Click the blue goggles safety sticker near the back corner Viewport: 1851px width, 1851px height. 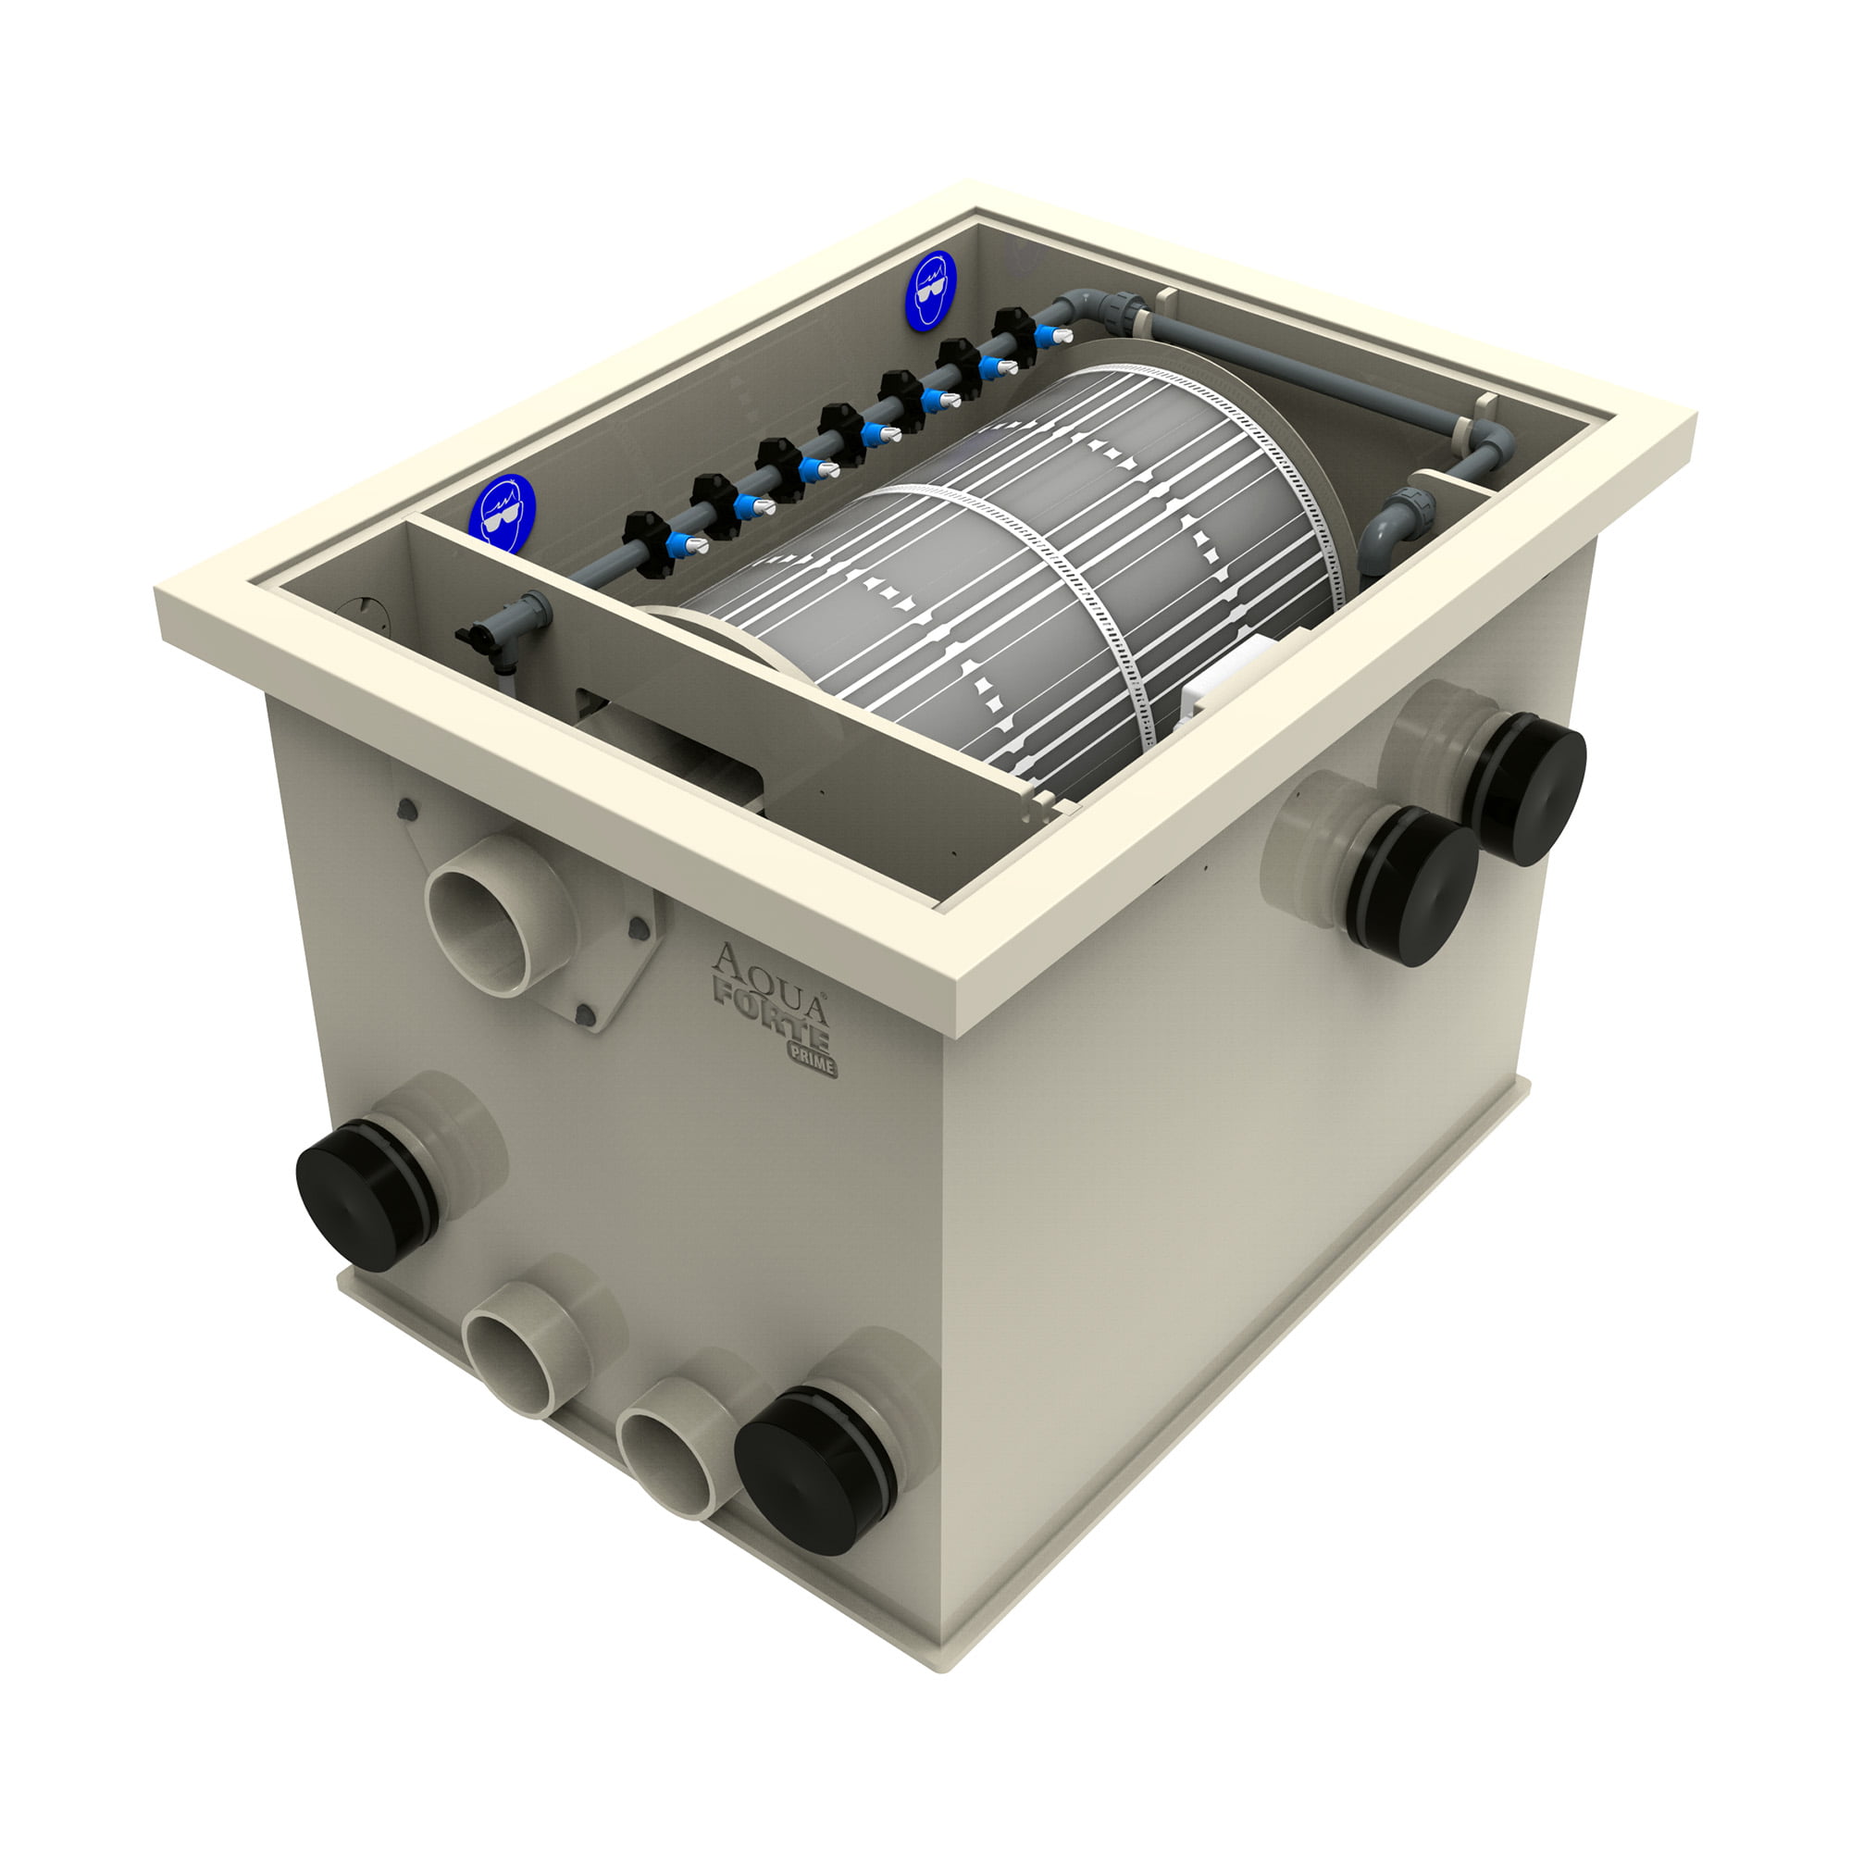pos(930,292)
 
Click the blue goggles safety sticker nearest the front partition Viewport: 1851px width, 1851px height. pos(502,513)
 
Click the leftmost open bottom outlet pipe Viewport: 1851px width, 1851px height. pos(515,1363)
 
